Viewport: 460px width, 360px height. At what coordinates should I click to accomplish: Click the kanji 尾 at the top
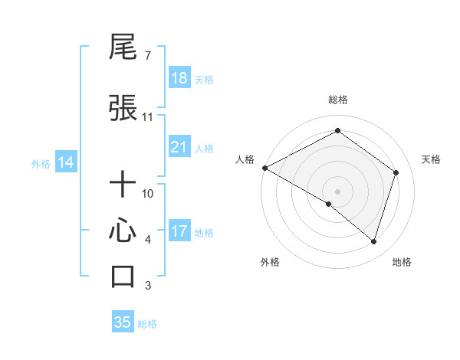point(123,48)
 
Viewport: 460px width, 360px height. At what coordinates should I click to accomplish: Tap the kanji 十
point(123,185)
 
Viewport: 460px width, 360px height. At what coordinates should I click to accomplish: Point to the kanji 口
point(123,277)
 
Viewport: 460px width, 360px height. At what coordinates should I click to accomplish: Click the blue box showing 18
point(179,78)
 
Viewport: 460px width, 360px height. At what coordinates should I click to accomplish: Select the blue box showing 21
point(179,147)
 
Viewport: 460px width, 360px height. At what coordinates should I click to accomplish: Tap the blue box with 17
point(179,231)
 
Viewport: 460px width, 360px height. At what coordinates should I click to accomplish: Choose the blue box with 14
point(65,162)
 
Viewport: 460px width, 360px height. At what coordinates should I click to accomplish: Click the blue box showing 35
point(123,322)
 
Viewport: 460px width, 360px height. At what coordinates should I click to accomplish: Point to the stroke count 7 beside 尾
point(147,56)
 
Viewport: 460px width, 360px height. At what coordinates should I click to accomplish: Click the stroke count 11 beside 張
point(148,117)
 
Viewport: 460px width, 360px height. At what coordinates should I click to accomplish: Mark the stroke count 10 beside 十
point(148,194)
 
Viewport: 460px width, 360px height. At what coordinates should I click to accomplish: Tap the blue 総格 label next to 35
point(147,324)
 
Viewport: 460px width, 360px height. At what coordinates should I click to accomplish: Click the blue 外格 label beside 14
point(41,163)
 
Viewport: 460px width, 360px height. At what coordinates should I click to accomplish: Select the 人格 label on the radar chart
point(245,159)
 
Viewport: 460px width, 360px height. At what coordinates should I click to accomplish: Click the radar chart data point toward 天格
point(396,172)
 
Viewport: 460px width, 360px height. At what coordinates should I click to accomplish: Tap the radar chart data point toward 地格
point(373,242)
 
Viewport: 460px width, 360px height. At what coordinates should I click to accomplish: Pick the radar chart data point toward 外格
point(329,204)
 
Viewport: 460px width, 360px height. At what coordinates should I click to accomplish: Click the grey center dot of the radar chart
point(337,191)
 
